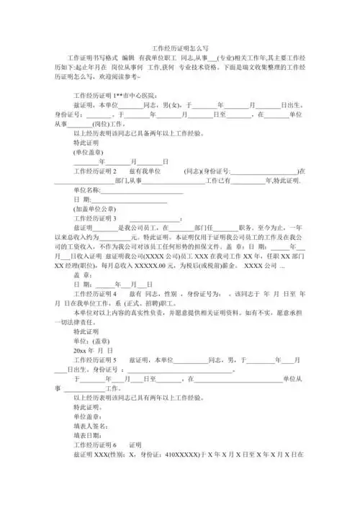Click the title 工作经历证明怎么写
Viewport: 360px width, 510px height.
[x=180, y=45]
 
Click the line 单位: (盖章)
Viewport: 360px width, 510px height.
[x=92, y=340]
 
